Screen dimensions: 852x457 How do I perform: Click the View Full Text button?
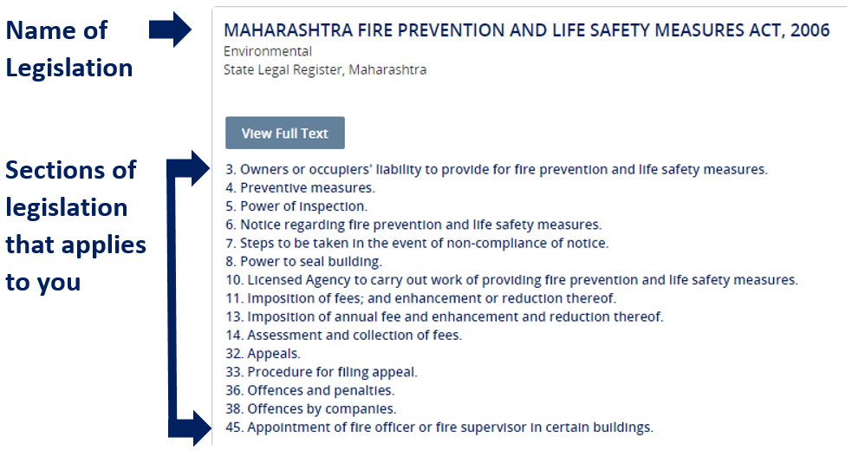(x=285, y=133)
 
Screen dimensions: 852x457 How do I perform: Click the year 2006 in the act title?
(x=810, y=29)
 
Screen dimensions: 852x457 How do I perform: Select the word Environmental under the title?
(x=268, y=52)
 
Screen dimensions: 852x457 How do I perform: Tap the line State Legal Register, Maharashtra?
(x=325, y=69)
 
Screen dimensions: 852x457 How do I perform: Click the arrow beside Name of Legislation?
(x=170, y=29)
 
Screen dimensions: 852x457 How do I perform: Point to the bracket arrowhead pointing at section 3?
(x=198, y=168)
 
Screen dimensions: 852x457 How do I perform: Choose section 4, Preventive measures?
(x=301, y=187)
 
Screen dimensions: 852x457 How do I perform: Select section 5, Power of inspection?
(x=296, y=206)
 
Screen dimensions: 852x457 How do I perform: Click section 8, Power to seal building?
(x=303, y=261)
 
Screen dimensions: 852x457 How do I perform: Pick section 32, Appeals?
(x=263, y=353)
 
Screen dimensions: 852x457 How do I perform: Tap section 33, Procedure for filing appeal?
(x=322, y=372)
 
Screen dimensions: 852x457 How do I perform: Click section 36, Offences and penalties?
(x=310, y=390)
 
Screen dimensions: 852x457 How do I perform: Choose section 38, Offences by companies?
(x=311, y=408)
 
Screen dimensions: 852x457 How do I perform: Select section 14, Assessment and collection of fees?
(x=344, y=335)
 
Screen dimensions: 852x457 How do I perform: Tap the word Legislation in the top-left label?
(x=69, y=69)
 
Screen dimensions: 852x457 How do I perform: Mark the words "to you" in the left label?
(x=43, y=282)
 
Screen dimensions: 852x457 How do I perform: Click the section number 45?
(x=234, y=428)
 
